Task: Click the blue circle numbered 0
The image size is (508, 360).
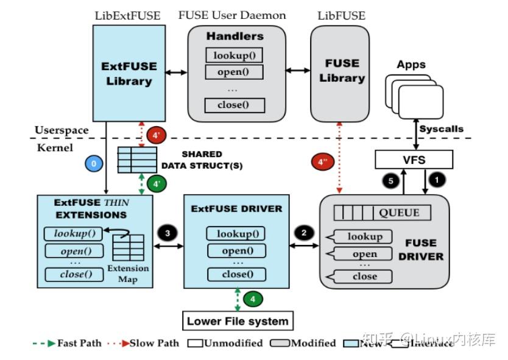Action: [93, 164]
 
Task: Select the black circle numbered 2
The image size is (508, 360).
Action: [303, 232]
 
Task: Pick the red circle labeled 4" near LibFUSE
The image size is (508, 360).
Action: [320, 163]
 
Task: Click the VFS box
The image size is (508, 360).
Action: [414, 160]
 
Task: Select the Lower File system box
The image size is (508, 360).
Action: [238, 320]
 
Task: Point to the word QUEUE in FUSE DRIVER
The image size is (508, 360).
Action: [399, 213]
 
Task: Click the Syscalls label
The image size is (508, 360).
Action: [442, 129]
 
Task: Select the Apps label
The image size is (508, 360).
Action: [411, 65]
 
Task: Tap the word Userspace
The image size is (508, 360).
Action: [62, 130]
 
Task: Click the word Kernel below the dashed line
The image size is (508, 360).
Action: [55, 147]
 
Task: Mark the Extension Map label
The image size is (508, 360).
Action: [128, 274]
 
